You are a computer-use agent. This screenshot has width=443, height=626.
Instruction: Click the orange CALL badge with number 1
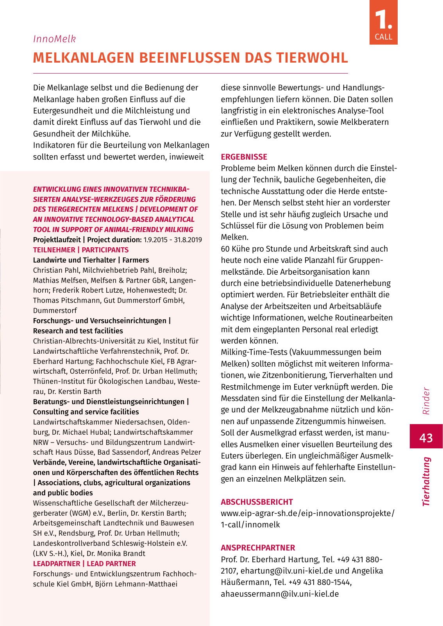(x=383, y=23)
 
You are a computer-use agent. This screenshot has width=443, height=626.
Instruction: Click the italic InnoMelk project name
(x=54, y=39)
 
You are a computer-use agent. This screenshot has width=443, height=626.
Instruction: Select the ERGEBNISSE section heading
(x=244, y=157)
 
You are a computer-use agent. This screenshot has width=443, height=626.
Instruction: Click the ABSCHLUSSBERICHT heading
(x=257, y=502)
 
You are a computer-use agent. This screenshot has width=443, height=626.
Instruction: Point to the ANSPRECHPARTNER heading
(x=258, y=548)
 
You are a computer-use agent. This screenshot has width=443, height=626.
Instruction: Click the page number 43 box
(x=426, y=437)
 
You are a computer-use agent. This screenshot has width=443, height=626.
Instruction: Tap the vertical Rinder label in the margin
(x=426, y=401)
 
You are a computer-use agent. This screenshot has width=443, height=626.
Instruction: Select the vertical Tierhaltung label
(x=426, y=481)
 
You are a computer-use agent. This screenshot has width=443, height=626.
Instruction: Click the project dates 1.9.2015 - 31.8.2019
(x=173, y=240)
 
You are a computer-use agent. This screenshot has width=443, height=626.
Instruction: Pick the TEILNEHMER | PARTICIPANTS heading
(x=80, y=250)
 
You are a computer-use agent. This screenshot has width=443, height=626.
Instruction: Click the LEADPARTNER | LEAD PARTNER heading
(x=84, y=564)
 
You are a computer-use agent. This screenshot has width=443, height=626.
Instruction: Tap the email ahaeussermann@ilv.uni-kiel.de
(x=280, y=594)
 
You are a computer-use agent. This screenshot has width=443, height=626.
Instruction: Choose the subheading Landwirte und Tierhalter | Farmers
(x=91, y=260)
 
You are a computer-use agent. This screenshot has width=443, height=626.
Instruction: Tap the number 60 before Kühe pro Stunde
(x=225, y=249)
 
